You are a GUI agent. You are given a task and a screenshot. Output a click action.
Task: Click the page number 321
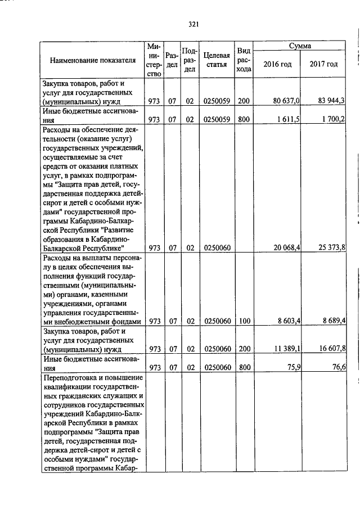click(194, 24)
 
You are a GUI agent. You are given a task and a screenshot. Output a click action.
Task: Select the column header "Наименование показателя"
click(93, 61)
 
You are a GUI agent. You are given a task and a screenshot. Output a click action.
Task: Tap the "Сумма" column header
click(300, 46)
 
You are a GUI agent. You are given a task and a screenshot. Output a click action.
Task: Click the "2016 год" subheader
click(278, 64)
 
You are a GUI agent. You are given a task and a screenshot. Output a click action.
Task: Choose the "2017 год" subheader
click(324, 64)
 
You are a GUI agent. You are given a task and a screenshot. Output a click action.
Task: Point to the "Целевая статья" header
click(217, 60)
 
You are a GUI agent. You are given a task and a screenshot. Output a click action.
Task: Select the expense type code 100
click(244, 321)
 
